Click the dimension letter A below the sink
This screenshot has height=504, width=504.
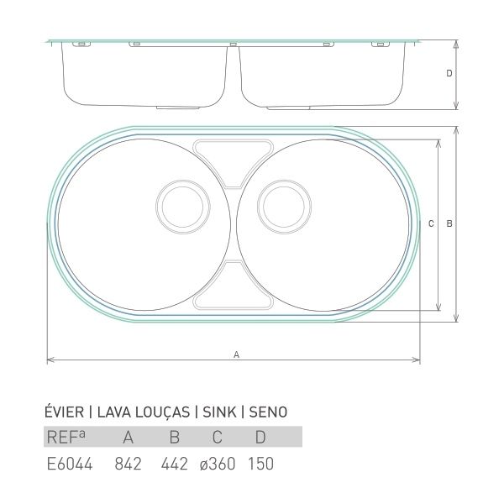click(236, 354)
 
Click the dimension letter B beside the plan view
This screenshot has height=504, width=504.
click(449, 223)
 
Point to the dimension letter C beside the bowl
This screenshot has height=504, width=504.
click(431, 223)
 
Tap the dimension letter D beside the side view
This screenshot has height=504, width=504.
click(449, 73)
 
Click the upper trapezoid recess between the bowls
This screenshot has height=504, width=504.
click(234, 140)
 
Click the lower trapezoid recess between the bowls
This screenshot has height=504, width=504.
click(234, 308)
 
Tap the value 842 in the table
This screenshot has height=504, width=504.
click(128, 464)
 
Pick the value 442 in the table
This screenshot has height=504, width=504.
click(174, 464)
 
